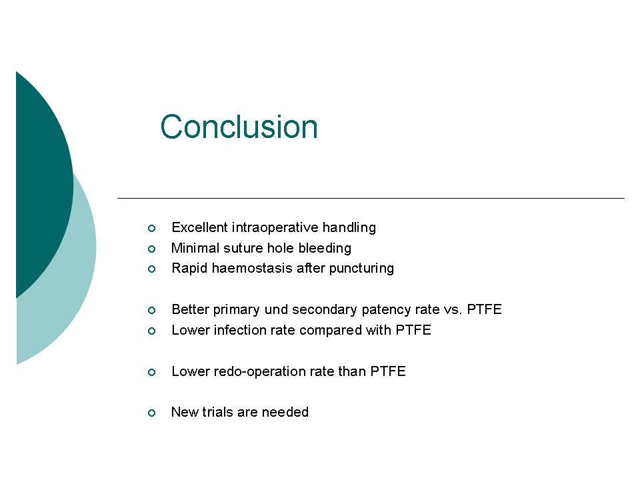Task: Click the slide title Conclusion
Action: click(x=239, y=127)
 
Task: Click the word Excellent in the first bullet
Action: click(x=199, y=227)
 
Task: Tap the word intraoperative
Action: click(x=275, y=227)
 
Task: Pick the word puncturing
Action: click(x=361, y=269)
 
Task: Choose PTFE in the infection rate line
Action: click(x=413, y=330)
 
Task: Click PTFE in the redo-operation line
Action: click(x=388, y=371)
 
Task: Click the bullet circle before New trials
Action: click(x=151, y=413)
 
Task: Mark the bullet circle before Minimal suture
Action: click(x=151, y=249)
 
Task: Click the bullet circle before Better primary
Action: click(x=151, y=310)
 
